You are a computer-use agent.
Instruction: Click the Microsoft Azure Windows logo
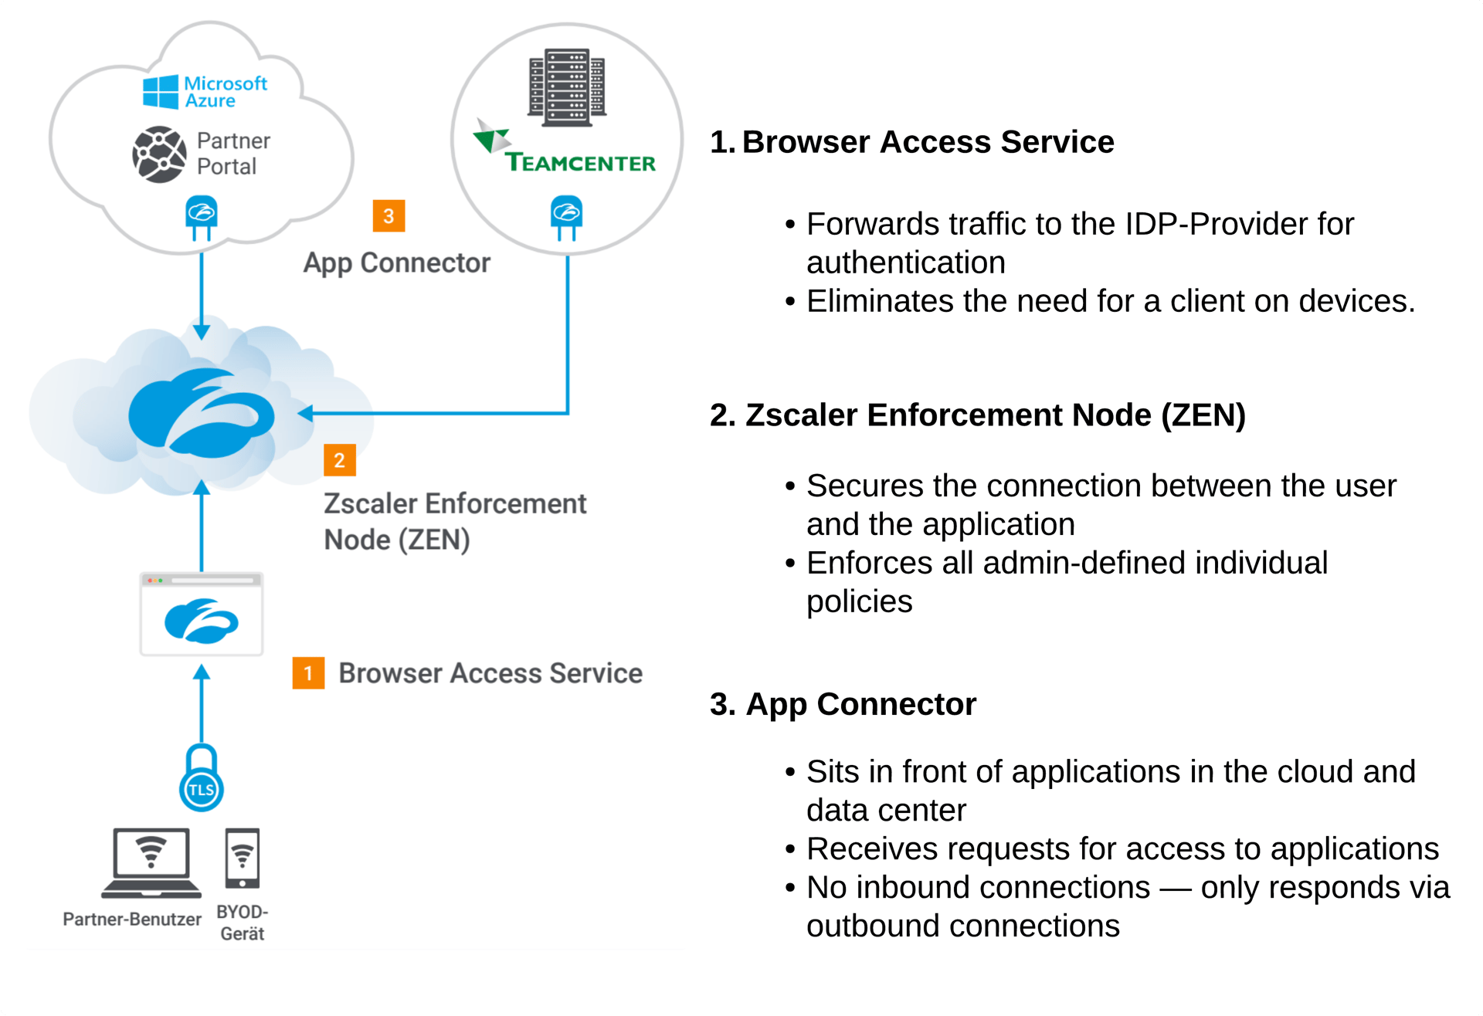[161, 92]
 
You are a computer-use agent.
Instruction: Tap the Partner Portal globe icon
[159, 154]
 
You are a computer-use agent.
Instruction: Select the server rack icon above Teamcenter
[567, 87]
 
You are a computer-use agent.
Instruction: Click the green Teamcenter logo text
[579, 162]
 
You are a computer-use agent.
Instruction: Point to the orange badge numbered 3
[389, 216]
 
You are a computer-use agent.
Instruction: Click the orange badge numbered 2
[339, 460]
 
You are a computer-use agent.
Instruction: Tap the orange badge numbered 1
[308, 673]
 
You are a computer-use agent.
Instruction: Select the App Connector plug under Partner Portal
[202, 217]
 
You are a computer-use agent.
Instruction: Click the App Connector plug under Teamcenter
[567, 217]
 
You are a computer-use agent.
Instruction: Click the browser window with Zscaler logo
[202, 615]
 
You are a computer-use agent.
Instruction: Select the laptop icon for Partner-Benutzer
[151, 863]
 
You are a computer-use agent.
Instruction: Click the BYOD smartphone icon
[243, 859]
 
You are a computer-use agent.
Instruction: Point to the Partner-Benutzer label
[132, 919]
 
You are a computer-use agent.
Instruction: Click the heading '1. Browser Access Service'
[911, 142]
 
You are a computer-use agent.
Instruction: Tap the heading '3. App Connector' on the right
[843, 704]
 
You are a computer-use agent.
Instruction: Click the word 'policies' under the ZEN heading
[859, 601]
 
